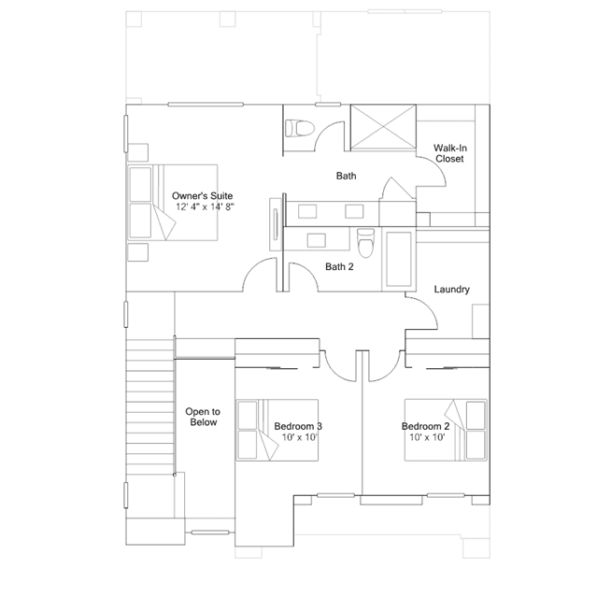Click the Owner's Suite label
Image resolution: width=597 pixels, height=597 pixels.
[x=202, y=195]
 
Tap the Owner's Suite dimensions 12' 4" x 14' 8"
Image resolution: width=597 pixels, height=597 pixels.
[x=205, y=206]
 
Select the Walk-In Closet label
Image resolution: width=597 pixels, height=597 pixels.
[x=450, y=153]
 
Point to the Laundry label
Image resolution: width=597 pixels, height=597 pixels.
[x=452, y=290]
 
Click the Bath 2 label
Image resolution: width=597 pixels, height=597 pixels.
[x=339, y=266]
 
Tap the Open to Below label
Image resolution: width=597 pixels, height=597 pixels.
[x=203, y=417]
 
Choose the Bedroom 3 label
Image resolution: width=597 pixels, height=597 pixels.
[x=298, y=426]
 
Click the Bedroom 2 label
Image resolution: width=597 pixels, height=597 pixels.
[x=425, y=426]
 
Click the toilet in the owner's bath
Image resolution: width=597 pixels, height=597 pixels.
[x=300, y=128]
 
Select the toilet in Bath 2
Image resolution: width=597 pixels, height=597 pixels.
[x=366, y=242]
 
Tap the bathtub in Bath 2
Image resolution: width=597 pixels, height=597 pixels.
[x=399, y=260]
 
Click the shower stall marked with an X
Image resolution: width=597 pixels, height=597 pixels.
[x=383, y=128]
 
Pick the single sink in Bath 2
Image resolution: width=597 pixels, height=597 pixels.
[x=317, y=241]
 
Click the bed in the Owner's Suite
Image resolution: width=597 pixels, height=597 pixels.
[x=173, y=203]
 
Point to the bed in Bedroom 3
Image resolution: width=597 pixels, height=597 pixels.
[x=277, y=431]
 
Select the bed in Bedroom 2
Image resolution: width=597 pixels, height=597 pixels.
[x=446, y=431]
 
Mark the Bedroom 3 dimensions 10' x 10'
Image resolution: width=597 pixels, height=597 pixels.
[x=300, y=437]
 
